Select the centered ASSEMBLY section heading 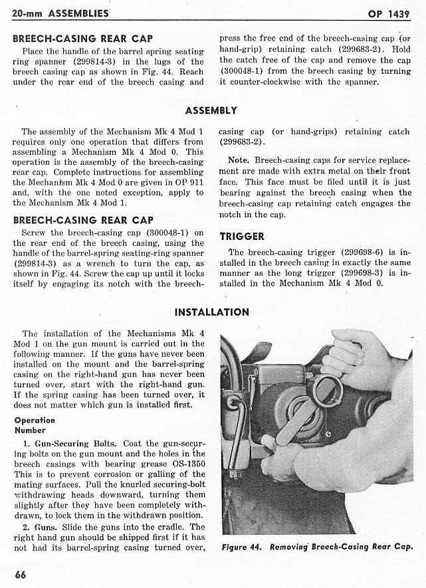[x=211, y=111]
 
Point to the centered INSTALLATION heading [x=211, y=312]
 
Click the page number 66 [x=20, y=575]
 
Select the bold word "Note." [x=238, y=161]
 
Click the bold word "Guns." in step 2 [x=45, y=526]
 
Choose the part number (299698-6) [x=363, y=252]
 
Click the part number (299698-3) [x=363, y=274]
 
